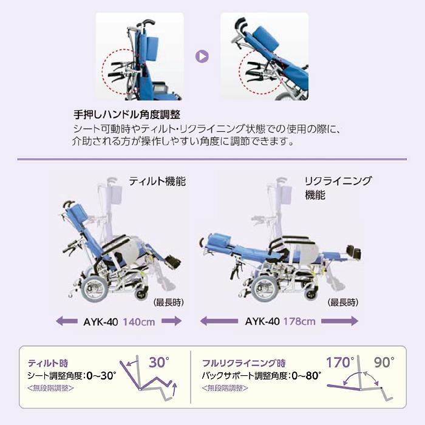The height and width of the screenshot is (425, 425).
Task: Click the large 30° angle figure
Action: click(160, 363)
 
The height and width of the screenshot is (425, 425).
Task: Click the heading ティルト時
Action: click(44, 362)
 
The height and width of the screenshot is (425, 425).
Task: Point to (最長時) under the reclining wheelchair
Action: click(342, 302)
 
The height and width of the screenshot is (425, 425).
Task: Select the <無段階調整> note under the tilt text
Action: click(52, 387)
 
